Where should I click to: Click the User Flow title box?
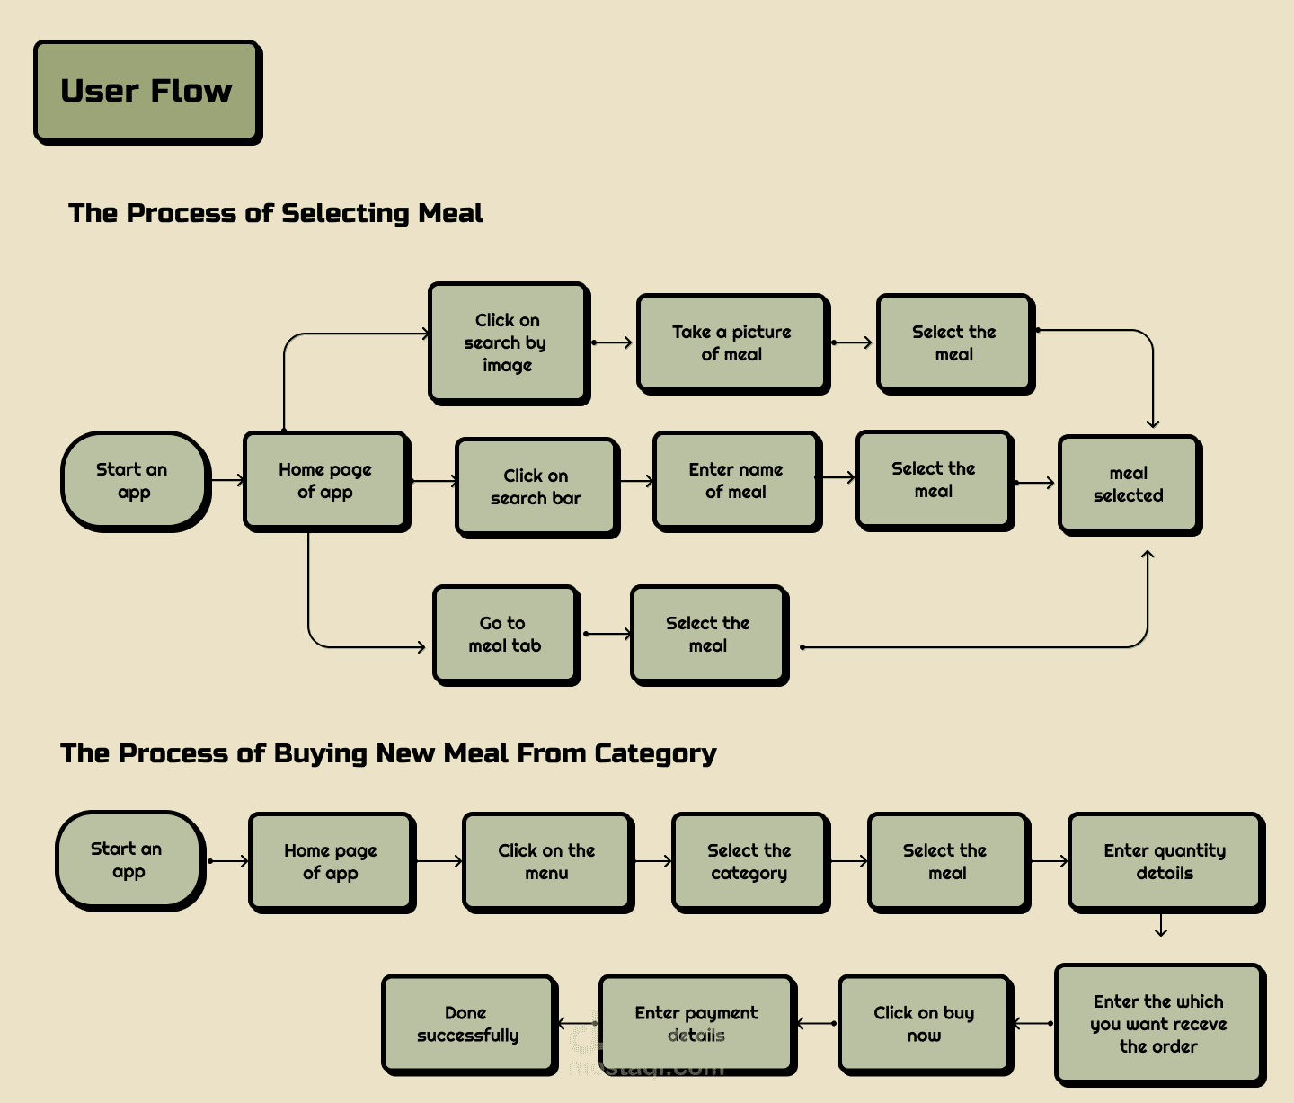tap(146, 91)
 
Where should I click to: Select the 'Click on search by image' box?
tap(508, 342)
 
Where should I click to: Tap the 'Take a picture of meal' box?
tap(731, 343)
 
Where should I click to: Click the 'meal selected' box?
tap(1129, 485)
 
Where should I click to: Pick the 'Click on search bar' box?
tap(536, 487)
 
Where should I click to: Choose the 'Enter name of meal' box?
tap(736, 481)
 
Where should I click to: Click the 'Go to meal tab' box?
tap(505, 635)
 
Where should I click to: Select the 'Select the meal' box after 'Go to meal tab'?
tap(708, 635)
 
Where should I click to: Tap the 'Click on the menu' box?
tap(546, 862)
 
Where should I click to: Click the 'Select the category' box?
tap(749, 862)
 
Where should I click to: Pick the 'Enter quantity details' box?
tap(1165, 862)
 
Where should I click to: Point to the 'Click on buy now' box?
tap(924, 1024)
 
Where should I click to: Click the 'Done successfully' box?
tap(467, 1024)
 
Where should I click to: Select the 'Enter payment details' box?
tap(696, 1024)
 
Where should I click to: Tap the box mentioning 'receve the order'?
tap(1158, 1024)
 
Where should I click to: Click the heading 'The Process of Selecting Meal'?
tap(275, 213)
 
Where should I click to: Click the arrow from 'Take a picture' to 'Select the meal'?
tap(852, 342)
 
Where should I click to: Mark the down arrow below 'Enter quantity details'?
tap(1161, 926)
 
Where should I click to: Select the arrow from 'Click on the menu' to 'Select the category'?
tap(653, 861)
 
